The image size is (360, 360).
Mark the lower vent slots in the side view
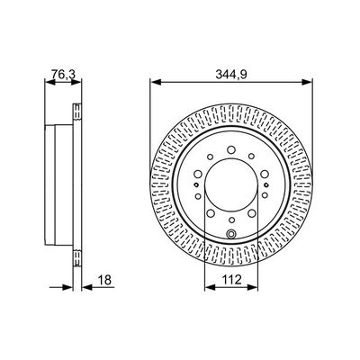[x=76, y=250]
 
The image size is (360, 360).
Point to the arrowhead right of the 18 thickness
[x=85, y=289]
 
